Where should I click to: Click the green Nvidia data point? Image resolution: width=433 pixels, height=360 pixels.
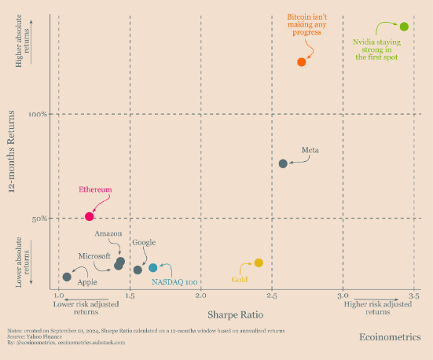[x=404, y=27]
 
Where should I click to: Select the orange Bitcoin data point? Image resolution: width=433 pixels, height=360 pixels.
[x=301, y=62]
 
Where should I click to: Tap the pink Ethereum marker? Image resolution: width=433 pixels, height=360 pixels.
[x=90, y=216]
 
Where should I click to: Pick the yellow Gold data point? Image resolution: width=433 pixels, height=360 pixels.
[x=259, y=263]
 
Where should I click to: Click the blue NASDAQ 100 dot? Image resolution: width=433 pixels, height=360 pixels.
[x=153, y=268]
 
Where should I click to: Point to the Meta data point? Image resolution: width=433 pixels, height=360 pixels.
[x=283, y=163]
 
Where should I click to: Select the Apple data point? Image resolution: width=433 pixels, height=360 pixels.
[x=67, y=277]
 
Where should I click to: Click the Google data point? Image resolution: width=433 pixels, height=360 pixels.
[x=138, y=270]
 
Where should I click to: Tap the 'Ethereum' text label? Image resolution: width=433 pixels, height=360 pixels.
[x=94, y=189]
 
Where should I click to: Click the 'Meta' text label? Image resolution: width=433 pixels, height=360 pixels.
[x=310, y=150]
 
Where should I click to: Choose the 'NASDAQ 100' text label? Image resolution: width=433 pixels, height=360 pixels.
[x=174, y=281]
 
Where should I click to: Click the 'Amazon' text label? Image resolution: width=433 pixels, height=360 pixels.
[x=108, y=234]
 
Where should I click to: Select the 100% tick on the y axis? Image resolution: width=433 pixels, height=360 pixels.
[x=40, y=115]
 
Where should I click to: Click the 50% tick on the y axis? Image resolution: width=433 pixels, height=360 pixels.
[x=42, y=219]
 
